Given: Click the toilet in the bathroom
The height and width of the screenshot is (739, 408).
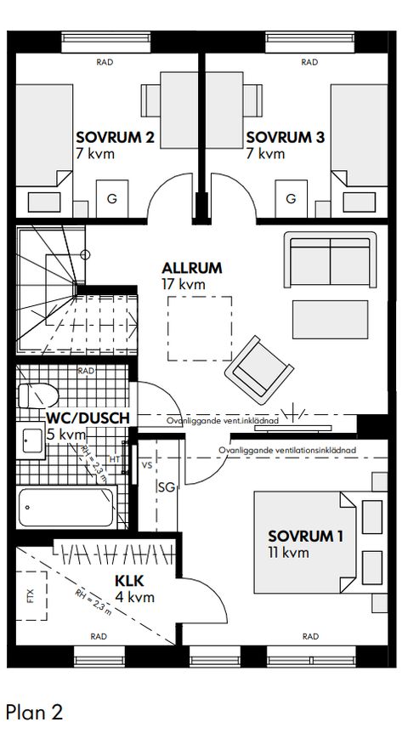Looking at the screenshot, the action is (37, 395).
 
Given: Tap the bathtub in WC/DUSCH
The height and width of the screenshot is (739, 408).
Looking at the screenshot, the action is (66, 507).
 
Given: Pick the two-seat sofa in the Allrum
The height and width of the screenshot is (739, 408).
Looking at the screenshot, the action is (331, 259).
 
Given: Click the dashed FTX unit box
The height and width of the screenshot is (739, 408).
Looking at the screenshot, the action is (31, 596).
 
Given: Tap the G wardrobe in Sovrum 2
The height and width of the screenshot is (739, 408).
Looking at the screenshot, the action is (112, 199).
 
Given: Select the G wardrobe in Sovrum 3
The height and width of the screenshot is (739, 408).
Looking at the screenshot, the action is (292, 199).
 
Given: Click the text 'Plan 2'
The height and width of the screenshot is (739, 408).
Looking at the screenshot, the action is (34, 712).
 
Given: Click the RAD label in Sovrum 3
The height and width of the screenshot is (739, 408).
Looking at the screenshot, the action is (309, 62).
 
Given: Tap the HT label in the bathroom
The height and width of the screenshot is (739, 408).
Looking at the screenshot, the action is (115, 458).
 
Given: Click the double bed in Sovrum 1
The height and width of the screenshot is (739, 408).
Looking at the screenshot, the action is (305, 542).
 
